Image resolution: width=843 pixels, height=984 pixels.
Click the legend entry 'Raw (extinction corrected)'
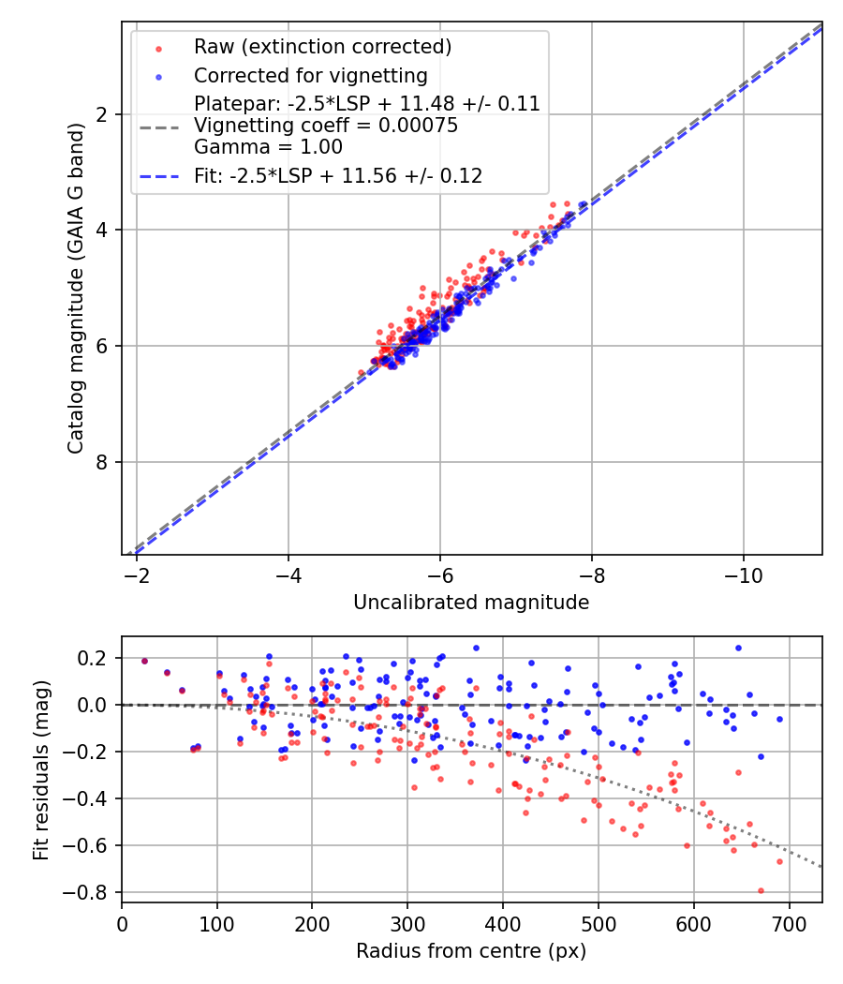pyautogui.click(x=322, y=47)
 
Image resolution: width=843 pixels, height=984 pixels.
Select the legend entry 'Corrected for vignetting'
pyautogui.click(x=310, y=76)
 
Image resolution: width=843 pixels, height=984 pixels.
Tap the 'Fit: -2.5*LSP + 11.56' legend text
pyautogui.click(x=338, y=175)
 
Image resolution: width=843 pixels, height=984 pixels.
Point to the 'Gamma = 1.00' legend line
pyautogui.click(x=268, y=147)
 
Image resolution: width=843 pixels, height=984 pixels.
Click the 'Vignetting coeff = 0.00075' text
pyautogui.click(x=326, y=126)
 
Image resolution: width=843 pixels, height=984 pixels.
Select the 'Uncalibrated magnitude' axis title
pyautogui.click(x=471, y=603)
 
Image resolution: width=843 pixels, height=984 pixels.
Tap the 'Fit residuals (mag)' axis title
pyautogui.click(x=40, y=768)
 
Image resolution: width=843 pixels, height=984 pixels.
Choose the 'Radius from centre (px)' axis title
pyautogui.click(x=471, y=951)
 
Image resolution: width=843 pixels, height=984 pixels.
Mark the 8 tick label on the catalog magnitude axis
pyautogui.click(x=101, y=462)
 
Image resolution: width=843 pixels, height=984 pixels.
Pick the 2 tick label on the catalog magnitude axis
pyautogui.click(x=101, y=114)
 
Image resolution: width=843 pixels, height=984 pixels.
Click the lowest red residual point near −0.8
pyautogui.click(x=761, y=890)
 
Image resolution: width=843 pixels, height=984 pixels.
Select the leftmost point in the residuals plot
pyautogui.click(x=144, y=661)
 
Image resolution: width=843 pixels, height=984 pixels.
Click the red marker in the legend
pyautogui.click(x=159, y=47)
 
